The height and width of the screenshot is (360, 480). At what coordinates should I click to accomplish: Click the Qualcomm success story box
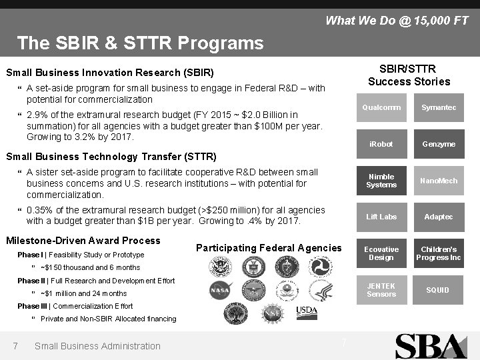[x=381, y=108]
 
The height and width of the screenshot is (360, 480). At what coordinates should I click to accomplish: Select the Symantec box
[x=439, y=108]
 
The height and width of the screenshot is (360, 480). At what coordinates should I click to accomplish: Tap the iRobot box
[x=381, y=144]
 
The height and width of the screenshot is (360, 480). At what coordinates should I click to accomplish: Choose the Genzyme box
[x=439, y=144]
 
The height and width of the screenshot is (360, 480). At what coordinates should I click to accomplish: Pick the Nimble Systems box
[x=381, y=181]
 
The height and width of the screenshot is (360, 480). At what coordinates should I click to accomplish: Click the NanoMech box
[x=439, y=181]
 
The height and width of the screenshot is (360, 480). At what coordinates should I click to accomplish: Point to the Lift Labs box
[x=381, y=217]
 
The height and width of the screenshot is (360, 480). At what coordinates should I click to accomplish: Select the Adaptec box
[x=439, y=217]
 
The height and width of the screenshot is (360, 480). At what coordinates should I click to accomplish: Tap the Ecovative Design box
[x=381, y=253]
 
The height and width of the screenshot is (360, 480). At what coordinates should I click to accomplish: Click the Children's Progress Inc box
[x=439, y=253]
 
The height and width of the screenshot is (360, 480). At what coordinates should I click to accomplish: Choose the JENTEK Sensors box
[x=381, y=290]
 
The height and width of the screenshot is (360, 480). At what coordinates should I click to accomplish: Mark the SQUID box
[x=439, y=290]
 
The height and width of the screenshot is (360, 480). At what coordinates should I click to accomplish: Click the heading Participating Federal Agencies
[x=269, y=248]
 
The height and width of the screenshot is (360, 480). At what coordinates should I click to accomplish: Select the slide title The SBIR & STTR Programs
[x=141, y=43]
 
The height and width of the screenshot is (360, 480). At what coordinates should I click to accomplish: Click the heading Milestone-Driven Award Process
[x=83, y=241]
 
